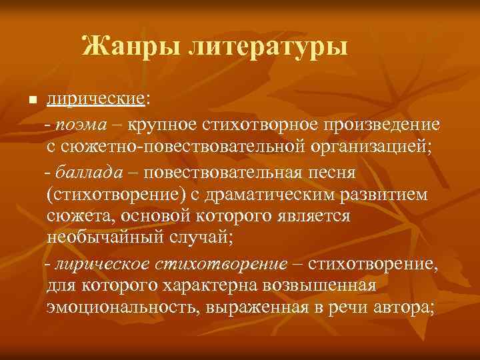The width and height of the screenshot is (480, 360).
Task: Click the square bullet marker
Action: [30, 101]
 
